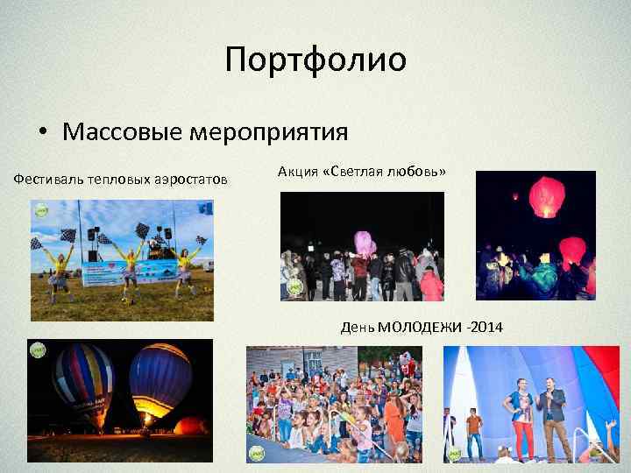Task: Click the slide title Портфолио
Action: tap(315, 60)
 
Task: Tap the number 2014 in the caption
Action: tap(487, 328)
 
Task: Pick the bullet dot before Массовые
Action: tap(42, 133)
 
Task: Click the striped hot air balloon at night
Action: tap(83, 383)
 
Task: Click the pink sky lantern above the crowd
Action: tap(363, 242)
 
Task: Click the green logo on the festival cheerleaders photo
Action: tap(40, 208)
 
